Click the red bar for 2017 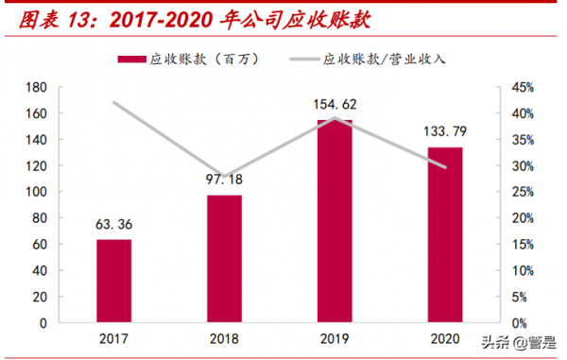[113, 281]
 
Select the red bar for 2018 [224, 259]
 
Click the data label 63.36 [113, 226]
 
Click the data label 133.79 [445, 132]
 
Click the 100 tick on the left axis [36, 192]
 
